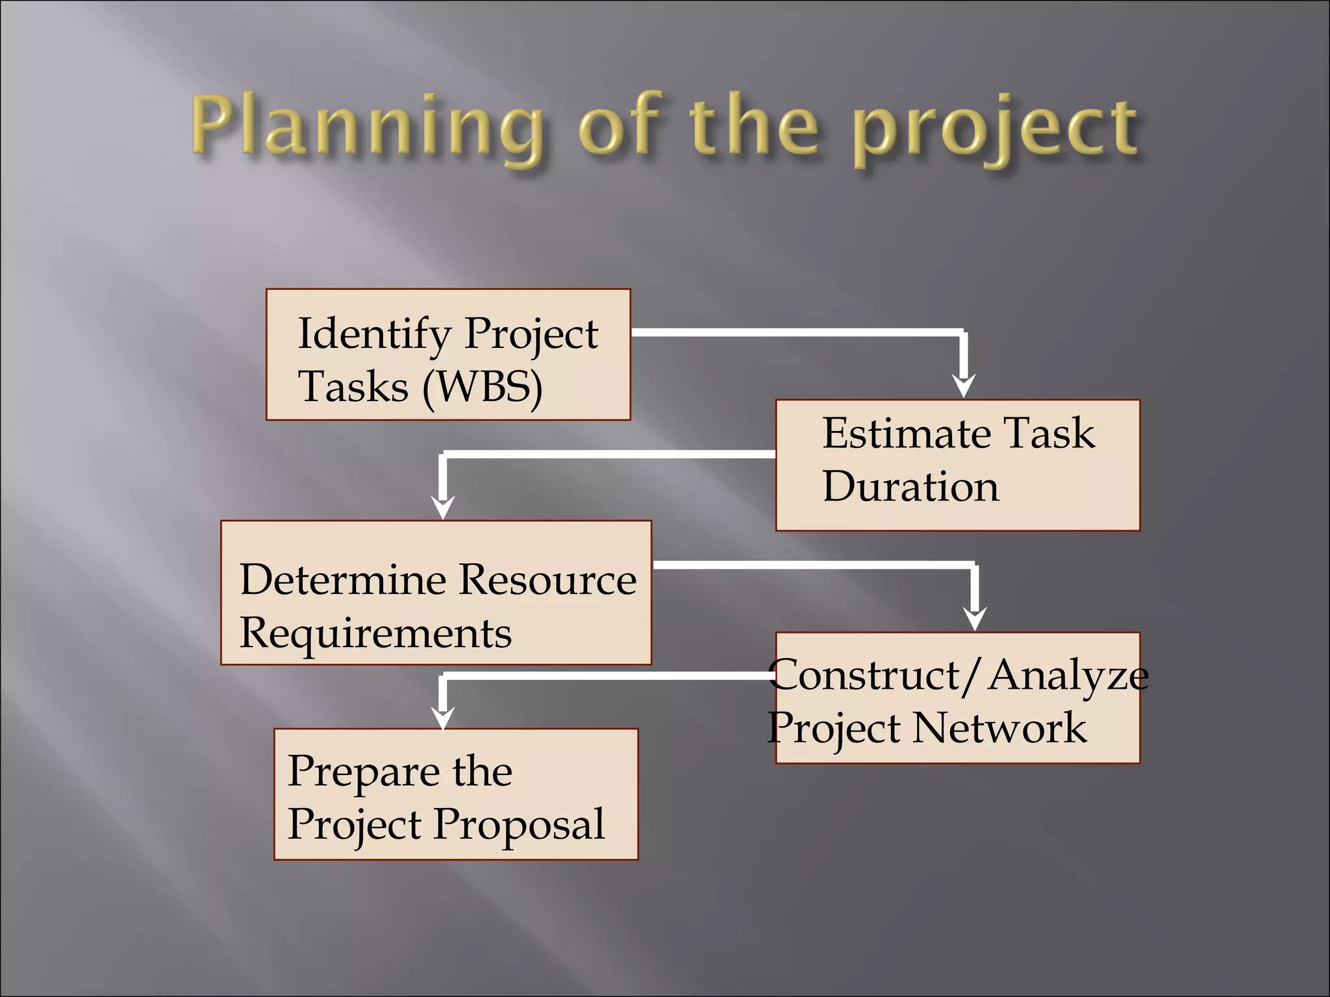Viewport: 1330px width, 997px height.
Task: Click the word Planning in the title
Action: [368, 127]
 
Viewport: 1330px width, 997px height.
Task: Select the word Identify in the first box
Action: [373, 334]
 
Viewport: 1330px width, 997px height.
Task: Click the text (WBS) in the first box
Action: [482, 388]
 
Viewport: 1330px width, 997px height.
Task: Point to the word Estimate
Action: [903, 433]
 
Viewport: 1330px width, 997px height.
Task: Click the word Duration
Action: [910, 487]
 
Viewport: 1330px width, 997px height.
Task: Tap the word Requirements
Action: [375, 634]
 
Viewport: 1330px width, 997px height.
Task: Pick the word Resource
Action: [549, 580]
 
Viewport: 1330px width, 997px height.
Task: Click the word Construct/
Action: [873, 675]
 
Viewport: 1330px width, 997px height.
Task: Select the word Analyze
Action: [1068, 675]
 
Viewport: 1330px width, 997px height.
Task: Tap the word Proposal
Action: [519, 825]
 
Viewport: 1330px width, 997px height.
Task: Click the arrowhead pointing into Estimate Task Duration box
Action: [964, 386]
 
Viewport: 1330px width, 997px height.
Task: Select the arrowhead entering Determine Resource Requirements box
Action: [443, 508]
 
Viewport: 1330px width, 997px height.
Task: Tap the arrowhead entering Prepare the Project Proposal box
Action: [443, 718]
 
